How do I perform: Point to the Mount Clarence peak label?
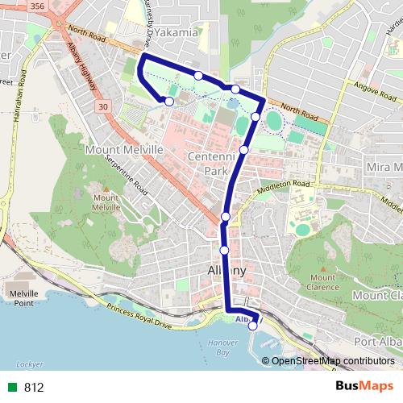pos(322,282)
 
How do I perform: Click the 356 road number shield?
pos(36,6)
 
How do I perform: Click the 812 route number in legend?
pos(34,387)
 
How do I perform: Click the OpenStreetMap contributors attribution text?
pos(332,360)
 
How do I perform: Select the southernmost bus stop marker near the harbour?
pos(253,326)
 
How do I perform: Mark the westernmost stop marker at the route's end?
pos(169,101)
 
